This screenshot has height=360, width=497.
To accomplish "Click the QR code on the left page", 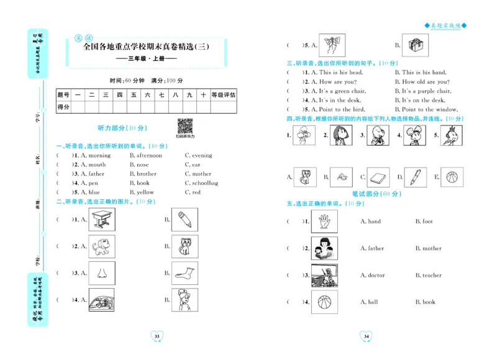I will (185, 126).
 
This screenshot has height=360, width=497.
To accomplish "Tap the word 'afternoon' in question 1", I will (148, 156).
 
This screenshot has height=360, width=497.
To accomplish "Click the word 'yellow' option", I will (145, 192).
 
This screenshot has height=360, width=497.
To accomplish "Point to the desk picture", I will (102, 219).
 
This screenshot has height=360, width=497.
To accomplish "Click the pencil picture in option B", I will (185, 219).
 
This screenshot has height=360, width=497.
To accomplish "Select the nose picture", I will (102, 273).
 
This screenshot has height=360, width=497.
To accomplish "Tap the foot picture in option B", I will (185, 273).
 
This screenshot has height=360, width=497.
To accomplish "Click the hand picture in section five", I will (324, 221).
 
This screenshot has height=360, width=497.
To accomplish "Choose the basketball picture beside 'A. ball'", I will (324, 302).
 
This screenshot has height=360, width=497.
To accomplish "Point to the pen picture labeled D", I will (415, 177).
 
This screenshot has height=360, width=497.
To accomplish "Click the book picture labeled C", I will (378, 178).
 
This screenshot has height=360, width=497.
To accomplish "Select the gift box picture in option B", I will (414, 45).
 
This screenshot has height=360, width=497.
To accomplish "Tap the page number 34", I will (366, 336).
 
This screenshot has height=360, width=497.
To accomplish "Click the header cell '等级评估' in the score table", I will (223, 95).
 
